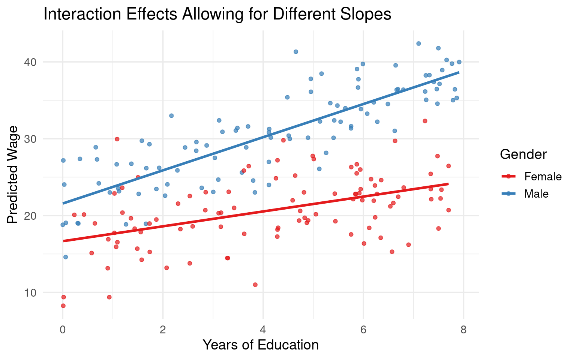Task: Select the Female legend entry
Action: (543, 176)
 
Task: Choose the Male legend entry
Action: (536, 193)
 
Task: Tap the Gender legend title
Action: (523, 154)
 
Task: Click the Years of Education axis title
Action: (261, 345)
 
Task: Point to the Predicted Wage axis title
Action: (13, 175)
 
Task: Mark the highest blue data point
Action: (418, 43)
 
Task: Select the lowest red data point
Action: (63, 306)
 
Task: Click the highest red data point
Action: (425, 121)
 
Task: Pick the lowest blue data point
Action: (66, 257)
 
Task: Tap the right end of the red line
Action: (448, 184)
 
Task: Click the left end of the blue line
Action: (63, 203)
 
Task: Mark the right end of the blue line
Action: (459, 72)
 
